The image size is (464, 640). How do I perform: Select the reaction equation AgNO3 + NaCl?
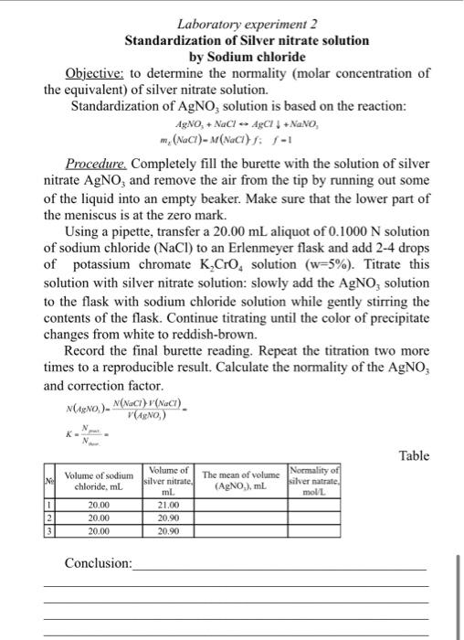[246, 123]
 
